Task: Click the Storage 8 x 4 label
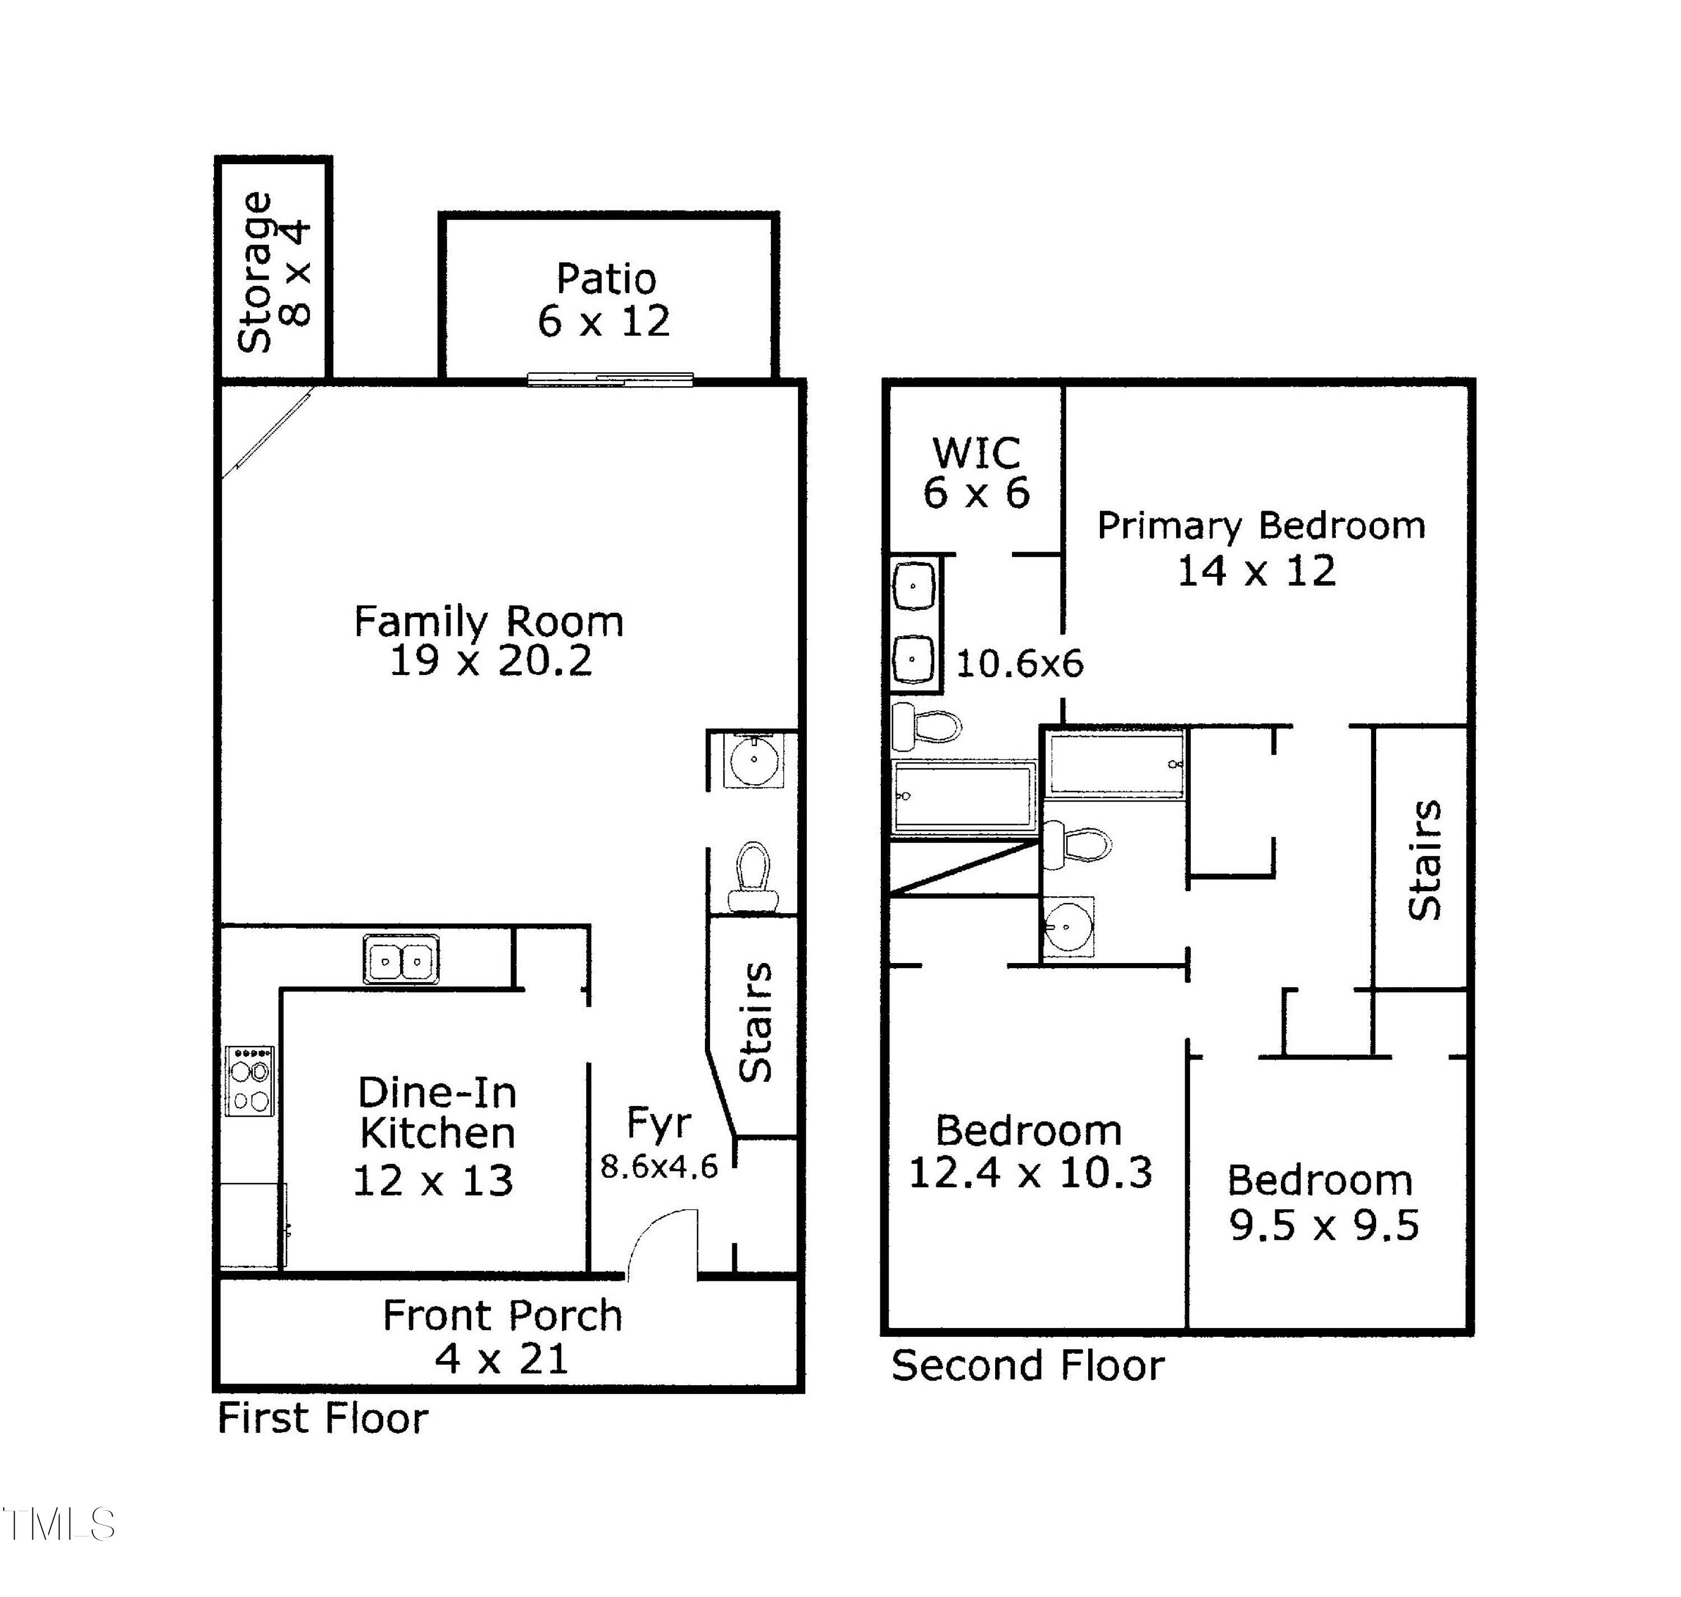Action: tap(274, 272)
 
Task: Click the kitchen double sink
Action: tap(401, 960)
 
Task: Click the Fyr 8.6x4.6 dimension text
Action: tap(659, 1166)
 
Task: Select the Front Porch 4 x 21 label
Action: tap(502, 1336)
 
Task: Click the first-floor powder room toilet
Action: tap(753, 877)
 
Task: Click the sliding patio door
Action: tap(610, 379)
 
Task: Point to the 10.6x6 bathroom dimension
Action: tap(1020, 664)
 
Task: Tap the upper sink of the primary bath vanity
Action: tap(914, 586)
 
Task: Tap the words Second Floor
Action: tap(1027, 1366)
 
